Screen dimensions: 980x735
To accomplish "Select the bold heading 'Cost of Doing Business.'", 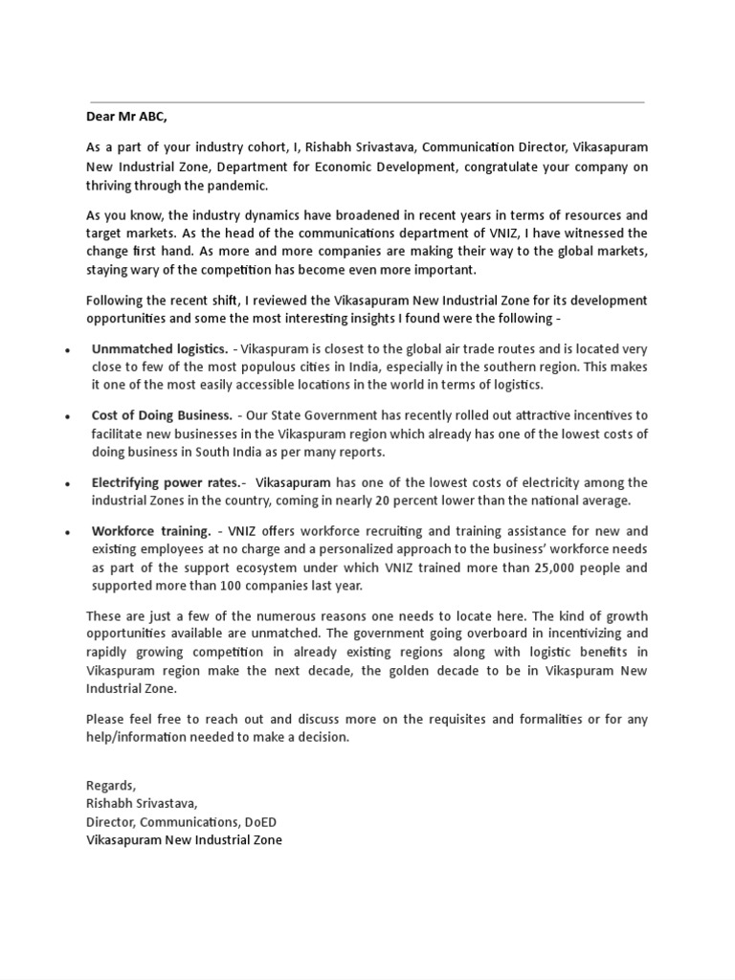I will point(162,415).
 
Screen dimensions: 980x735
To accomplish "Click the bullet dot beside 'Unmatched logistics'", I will point(68,350).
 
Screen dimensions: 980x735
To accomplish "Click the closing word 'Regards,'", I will point(111,786).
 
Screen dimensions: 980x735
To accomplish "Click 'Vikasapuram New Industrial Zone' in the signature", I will point(184,840).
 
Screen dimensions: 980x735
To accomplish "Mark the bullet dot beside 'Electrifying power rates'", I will point(68,484).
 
